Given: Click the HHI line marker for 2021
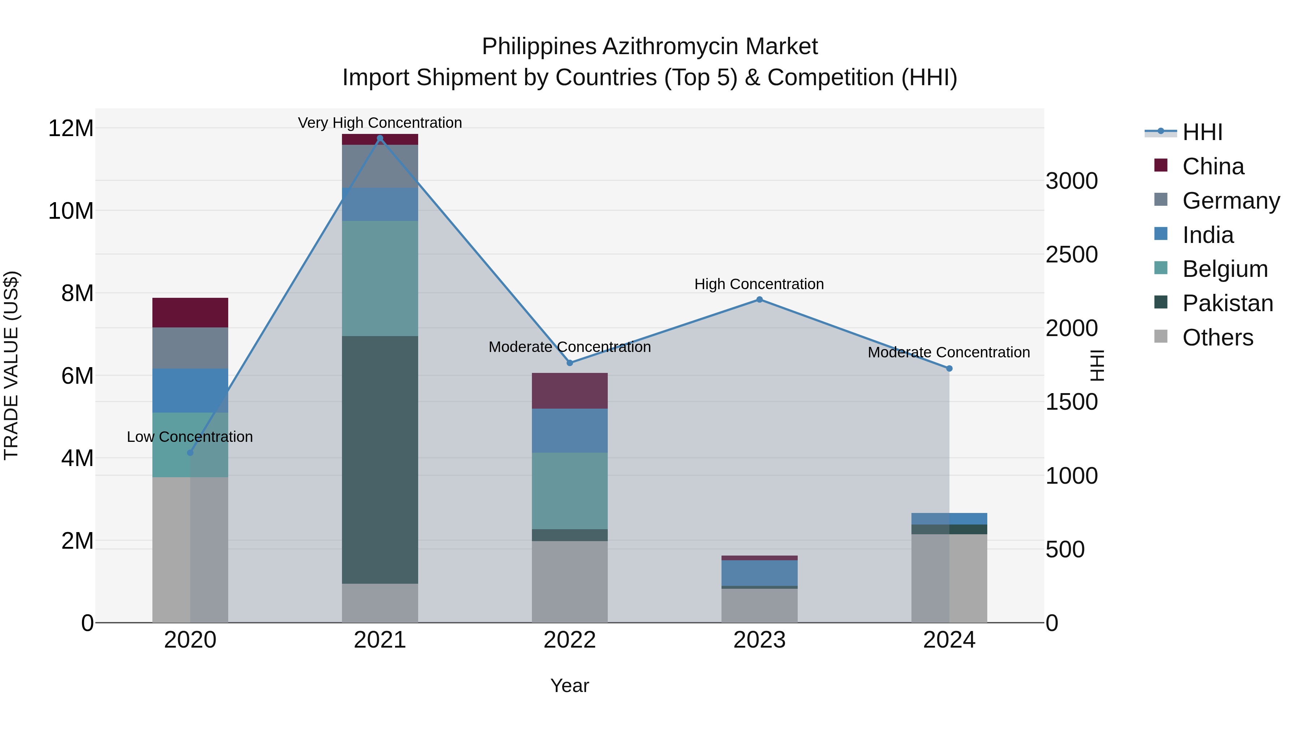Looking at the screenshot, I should click(x=380, y=138).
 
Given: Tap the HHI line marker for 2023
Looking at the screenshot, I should click(x=759, y=300).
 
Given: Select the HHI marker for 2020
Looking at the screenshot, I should click(x=190, y=453).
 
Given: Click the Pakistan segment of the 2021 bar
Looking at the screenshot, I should click(x=380, y=459).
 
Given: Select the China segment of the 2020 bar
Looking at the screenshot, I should click(x=190, y=312).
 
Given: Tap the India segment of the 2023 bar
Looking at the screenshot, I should click(x=759, y=573).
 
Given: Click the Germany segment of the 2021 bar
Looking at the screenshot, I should click(x=380, y=166).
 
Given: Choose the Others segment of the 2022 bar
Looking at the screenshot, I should click(x=570, y=581).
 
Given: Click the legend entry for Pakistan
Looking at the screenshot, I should click(x=1227, y=303).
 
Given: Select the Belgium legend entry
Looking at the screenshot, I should click(x=1225, y=269).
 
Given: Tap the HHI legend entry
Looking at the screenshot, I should click(x=1202, y=132).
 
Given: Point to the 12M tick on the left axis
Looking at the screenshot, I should click(x=71, y=128).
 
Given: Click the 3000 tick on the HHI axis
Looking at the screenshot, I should click(x=1071, y=181).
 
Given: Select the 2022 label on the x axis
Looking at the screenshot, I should click(x=570, y=640).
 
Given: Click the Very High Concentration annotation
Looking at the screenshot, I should click(x=380, y=123).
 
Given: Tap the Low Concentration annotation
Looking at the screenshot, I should click(x=190, y=436).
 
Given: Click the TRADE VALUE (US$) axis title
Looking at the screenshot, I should click(x=11, y=365).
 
